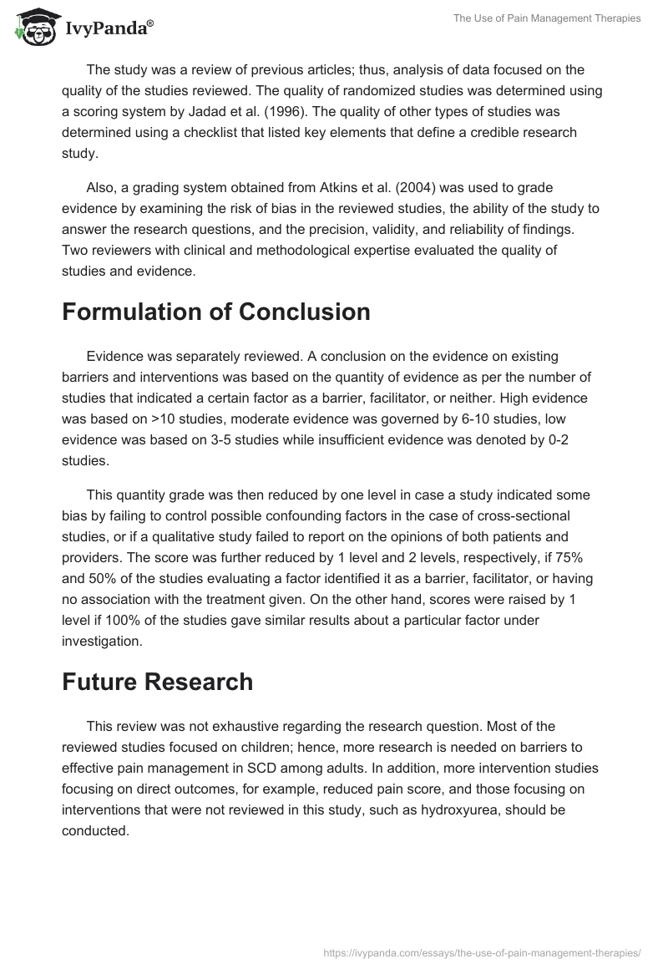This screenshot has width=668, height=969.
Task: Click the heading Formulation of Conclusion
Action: click(x=216, y=312)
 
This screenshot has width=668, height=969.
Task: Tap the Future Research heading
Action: click(x=157, y=682)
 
